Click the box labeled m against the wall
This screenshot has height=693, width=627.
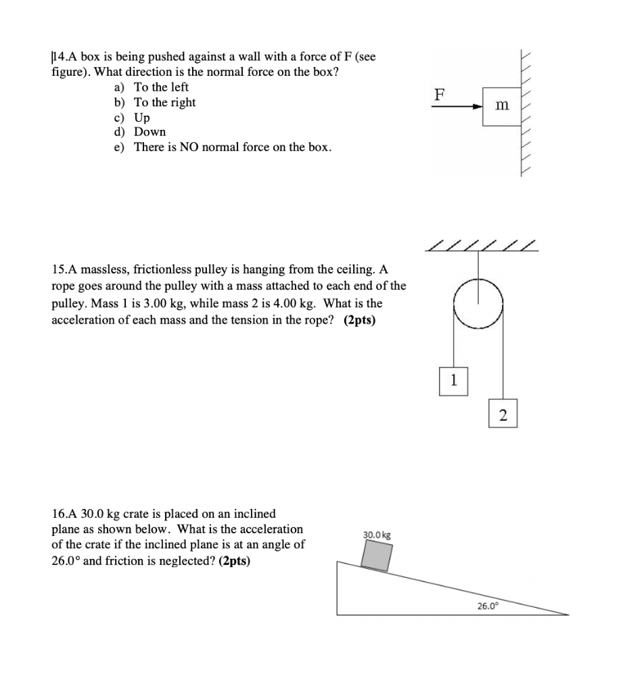501,106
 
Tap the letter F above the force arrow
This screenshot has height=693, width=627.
439,94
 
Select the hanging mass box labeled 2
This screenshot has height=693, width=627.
503,415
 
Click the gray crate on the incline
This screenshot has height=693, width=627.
377,556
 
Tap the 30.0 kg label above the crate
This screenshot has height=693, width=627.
376,535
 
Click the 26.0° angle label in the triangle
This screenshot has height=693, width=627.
487,606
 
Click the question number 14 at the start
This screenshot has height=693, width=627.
60,58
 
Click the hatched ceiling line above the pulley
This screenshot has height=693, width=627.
482,247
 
